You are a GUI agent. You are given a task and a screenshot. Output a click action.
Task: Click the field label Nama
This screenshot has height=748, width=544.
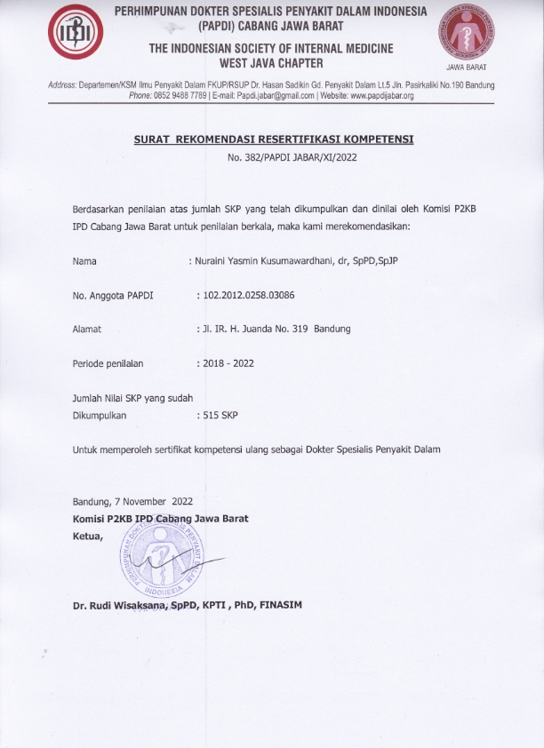pyautogui.click(x=84, y=262)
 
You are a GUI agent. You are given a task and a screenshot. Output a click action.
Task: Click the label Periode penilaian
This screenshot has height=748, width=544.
pyautogui.click(x=108, y=363)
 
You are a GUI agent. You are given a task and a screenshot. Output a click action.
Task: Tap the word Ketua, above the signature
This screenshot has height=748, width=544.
pyautogui.click(x=88, y=536)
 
